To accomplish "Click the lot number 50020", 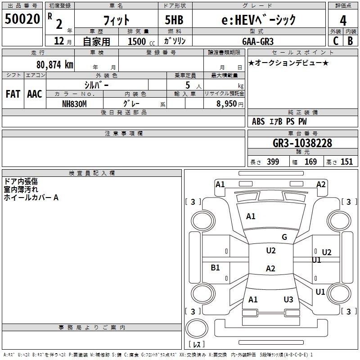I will point(22,19).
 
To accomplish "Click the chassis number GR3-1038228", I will point(302,143).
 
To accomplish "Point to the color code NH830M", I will point(74,103).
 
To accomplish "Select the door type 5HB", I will point(174,19).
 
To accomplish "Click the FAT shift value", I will point(13,94).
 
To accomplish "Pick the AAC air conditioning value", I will point(34,94).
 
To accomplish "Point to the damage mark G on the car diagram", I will point(284,237).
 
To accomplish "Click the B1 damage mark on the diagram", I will point(216,268).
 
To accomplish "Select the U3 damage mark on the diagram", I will point(288,299).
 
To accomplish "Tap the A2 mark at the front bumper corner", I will point(321,184).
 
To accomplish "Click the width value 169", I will point(310,162).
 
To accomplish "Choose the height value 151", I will point(346,162).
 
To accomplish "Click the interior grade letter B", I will point(350,40).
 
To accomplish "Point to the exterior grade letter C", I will point(335,40).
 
